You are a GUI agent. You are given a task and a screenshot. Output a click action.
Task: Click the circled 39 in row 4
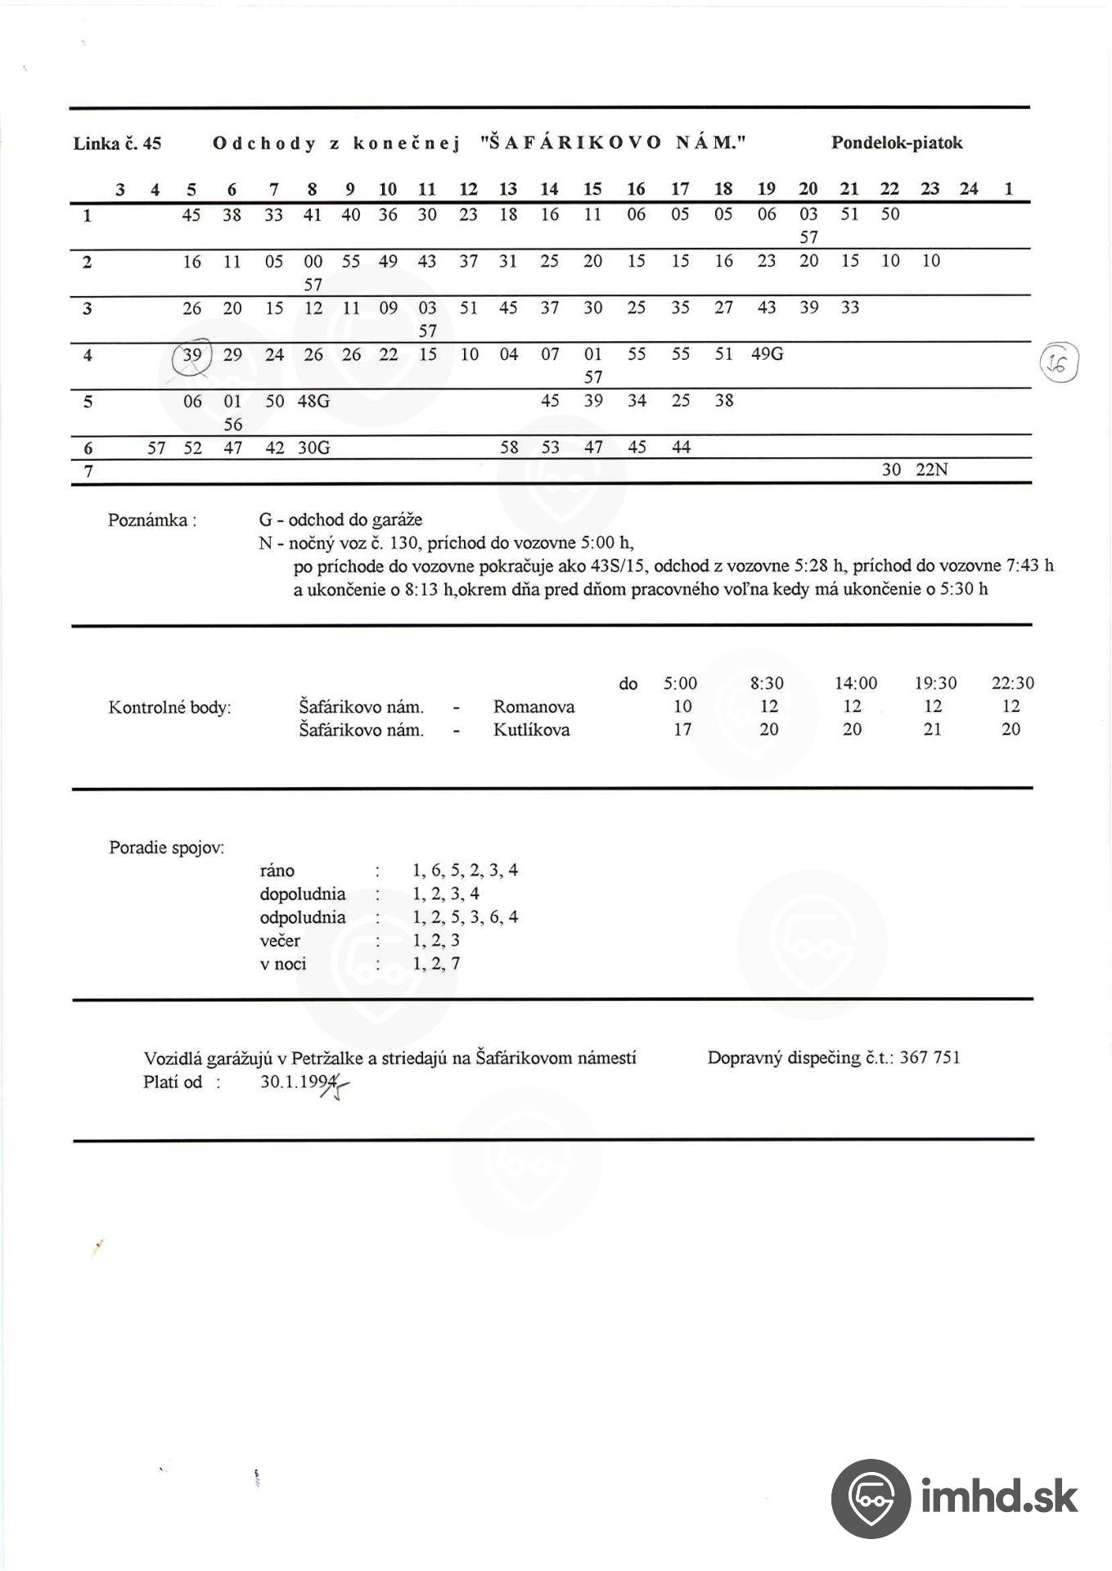pos(192,355)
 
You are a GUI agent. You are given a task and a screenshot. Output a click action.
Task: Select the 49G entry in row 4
pos(767,354)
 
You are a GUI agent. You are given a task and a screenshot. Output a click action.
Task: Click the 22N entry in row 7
pos(931,470)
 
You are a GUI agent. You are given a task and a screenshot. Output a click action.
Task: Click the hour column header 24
pos(969,189)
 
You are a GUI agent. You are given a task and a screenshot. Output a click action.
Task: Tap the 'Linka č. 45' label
pos(117,144)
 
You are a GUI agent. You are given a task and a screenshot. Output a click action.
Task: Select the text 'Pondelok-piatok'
pos(897,143)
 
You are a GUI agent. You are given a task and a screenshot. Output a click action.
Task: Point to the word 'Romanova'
pos(533,707)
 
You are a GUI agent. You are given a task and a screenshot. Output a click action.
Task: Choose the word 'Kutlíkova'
pos(531,730)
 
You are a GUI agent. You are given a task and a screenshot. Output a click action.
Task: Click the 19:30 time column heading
pos(935,683)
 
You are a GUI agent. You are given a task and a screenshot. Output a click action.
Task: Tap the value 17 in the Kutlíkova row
pos(682,730)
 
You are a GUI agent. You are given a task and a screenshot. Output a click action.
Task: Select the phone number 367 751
pos(930,1058)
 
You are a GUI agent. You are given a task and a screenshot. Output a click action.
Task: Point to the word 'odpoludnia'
pos(303,917)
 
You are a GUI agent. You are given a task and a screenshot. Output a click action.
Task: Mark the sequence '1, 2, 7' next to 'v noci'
pos(436,964)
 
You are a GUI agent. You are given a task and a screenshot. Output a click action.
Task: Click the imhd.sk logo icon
pos(871,1497)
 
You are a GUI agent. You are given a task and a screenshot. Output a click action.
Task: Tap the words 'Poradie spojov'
pos(166,848)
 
